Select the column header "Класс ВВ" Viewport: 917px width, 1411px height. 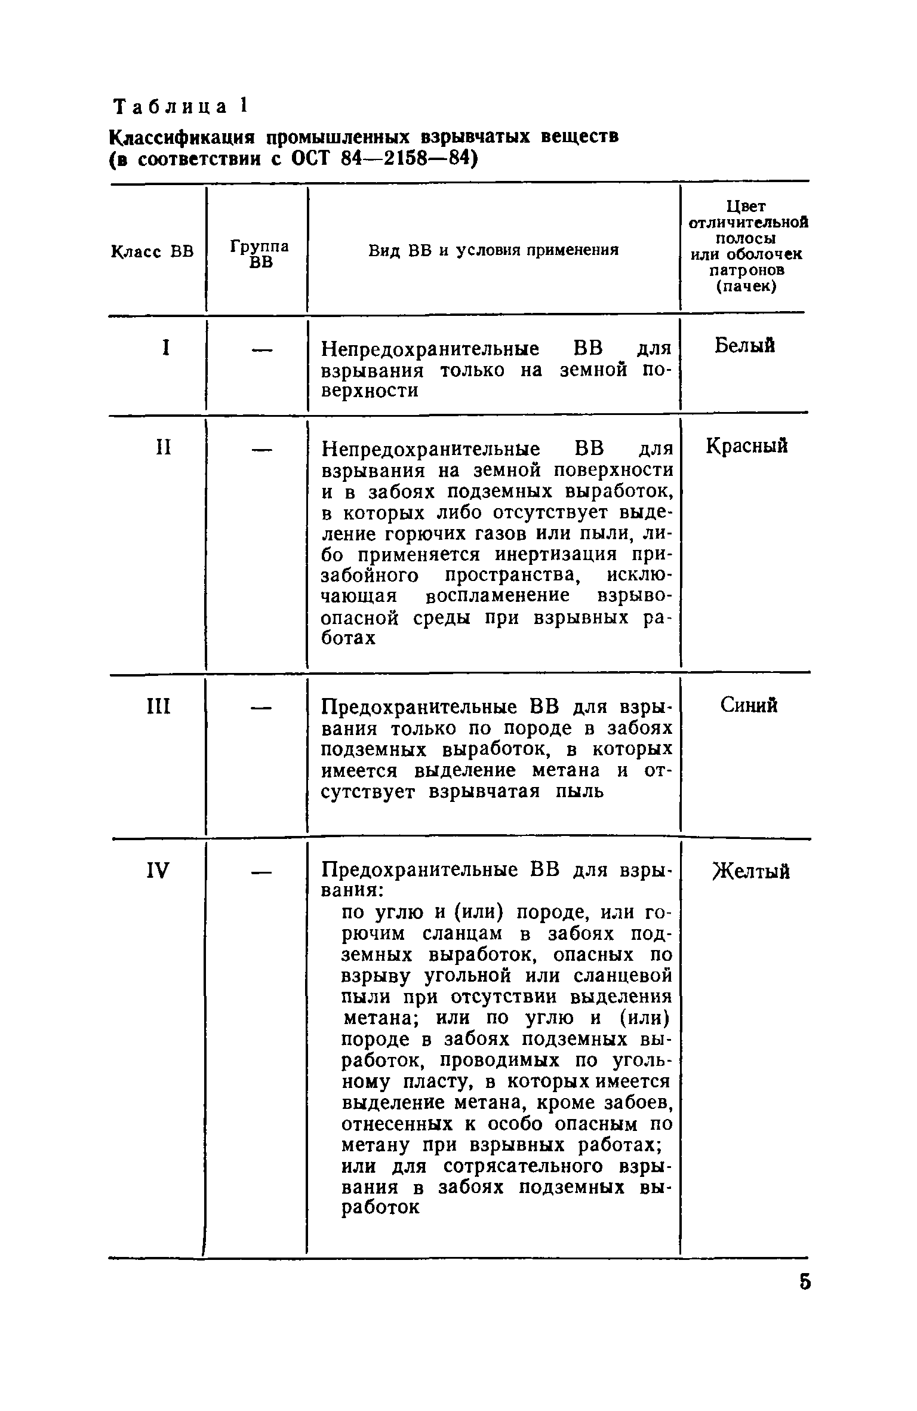(152, 251)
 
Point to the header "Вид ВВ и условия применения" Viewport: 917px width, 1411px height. (493, 250)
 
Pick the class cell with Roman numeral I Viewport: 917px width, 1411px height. (165, 348)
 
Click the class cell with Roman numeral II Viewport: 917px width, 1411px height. (163, 447)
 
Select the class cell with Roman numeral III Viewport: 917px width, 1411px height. (158, 707)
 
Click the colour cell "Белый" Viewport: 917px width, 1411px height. (744, 346)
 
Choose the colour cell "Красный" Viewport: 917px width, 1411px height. (746, 446)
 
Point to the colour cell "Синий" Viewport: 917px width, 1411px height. (749, 706)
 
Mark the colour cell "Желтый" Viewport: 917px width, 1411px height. (751, 872)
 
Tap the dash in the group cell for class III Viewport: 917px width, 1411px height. (261, 708)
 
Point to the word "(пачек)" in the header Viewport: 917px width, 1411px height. (746, 287)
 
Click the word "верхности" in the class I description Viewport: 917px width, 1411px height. (370, 391)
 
